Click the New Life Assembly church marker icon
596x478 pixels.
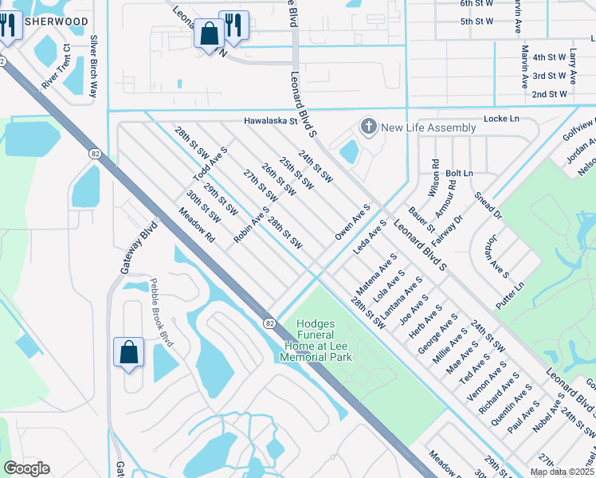tap(368, 127)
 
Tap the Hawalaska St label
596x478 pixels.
tap(270, 122)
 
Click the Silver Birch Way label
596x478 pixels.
tap(94, 66)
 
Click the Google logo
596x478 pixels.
tap(26, 468)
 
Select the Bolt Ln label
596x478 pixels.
tap(459, 173)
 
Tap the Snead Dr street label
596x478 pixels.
tap(488, 205)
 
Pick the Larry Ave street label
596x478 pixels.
tap(573, 66)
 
